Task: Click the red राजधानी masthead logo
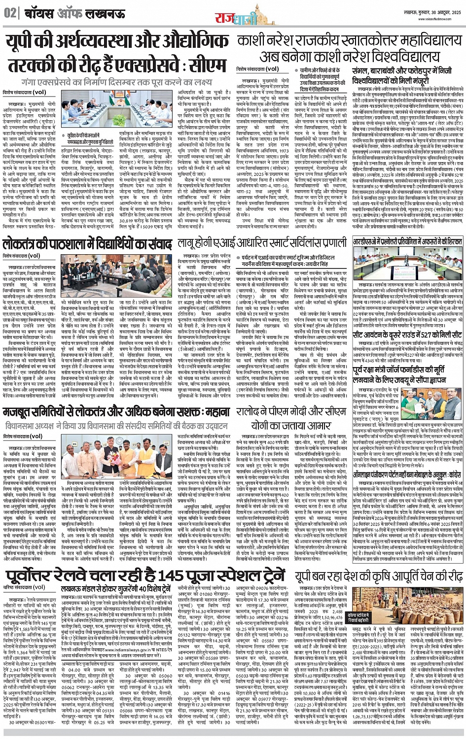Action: click(236, 18)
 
